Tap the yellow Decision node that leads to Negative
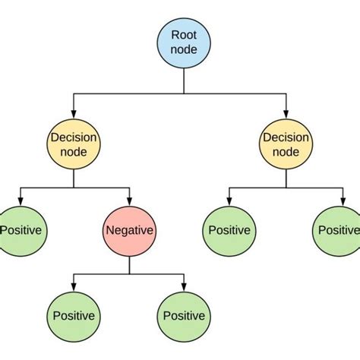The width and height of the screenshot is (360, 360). pos(73,145)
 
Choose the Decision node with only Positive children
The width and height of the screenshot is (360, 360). pos(286,145)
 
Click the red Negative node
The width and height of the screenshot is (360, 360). pos(128,230)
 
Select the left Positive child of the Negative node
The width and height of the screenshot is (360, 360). pos(74,315)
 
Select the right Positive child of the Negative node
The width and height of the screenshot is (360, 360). pos(183,315)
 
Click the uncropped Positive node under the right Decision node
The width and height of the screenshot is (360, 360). pos(229,230)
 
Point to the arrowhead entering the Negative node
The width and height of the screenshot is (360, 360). pos(128,201)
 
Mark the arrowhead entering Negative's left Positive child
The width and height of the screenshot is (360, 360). pos(74,286)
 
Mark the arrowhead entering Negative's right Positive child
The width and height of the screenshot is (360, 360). pos(183,286)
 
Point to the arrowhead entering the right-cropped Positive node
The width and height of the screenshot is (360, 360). pos(339,201)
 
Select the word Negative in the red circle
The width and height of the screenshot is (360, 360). pos(128,230)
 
